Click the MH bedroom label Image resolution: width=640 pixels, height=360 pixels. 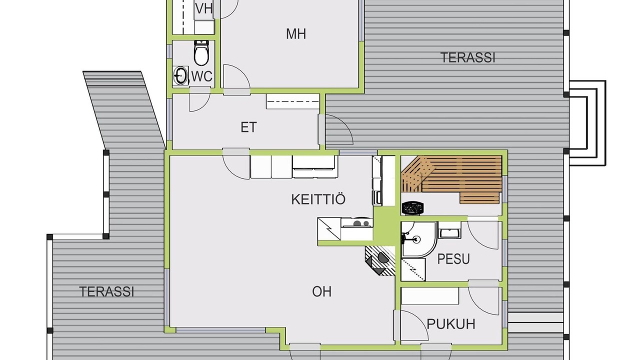296,34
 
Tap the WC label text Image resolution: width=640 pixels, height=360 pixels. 202,76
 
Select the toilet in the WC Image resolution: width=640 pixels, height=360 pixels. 201,53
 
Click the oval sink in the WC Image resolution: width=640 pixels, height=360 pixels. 180,75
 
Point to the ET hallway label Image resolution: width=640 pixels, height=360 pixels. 248,127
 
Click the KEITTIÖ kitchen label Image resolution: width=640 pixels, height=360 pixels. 318,199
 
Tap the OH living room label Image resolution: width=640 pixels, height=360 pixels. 321,291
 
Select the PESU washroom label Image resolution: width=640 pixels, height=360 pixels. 453,259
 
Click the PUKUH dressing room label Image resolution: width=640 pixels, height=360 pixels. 451,324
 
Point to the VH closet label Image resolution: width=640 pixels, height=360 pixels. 204,8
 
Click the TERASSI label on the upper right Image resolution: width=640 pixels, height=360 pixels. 467,57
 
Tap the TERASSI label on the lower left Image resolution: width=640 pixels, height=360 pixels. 106,291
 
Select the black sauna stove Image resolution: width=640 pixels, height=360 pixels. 412,207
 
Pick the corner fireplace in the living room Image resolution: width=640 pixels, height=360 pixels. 380,260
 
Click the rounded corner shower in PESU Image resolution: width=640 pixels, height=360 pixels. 418,239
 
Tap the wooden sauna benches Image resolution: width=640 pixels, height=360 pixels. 451,179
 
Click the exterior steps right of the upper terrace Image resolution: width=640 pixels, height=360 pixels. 587,123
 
